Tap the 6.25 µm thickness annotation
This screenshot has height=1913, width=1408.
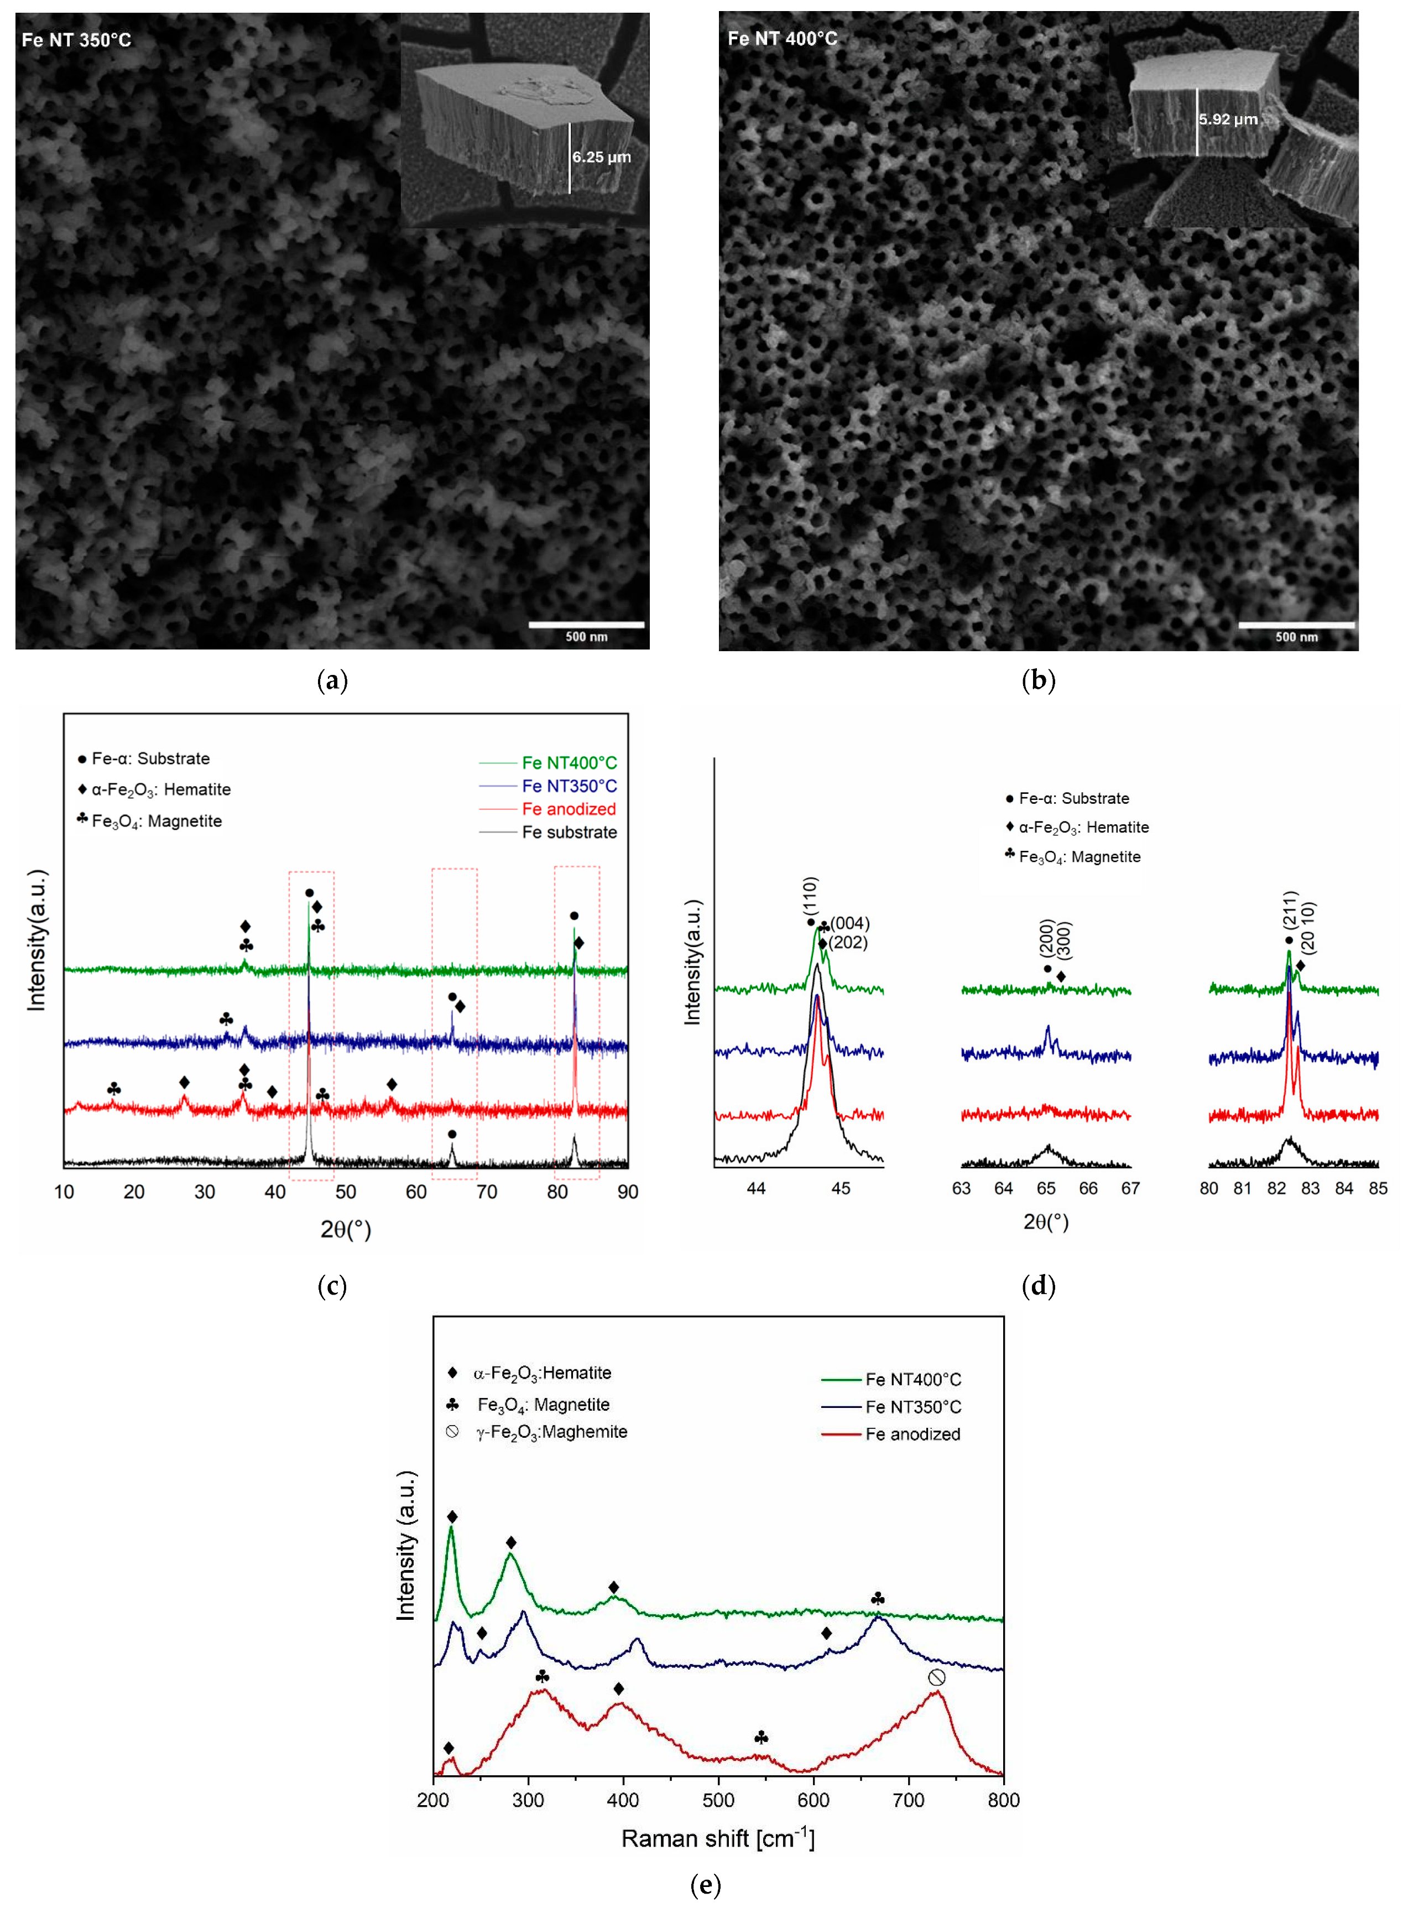coord(602,157)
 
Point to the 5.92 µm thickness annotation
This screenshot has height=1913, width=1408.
coord(1228,119)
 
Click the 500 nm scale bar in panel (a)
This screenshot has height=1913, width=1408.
coord(586,625)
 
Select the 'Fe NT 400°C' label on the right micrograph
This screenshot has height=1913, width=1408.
coord(783,38)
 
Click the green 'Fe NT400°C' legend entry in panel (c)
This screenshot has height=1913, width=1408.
coord(569,763)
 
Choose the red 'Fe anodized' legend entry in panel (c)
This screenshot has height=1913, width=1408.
coord(569,809)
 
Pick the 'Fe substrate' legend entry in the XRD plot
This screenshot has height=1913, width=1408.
coord(569,832)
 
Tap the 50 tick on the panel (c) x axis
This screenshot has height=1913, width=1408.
coord(345,1192)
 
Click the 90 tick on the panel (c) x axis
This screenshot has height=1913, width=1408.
coord(627,1192)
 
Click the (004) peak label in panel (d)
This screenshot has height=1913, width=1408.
coord(850,923)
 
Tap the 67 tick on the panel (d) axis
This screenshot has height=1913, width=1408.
coord(1130,1188)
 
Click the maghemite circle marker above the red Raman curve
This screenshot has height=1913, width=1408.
coord(937,1678)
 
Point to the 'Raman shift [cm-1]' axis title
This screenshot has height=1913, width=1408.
coord(718,1838)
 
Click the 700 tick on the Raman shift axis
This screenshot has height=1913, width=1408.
coord(909,1800)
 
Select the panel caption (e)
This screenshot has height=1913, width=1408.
coord(705,1884)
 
